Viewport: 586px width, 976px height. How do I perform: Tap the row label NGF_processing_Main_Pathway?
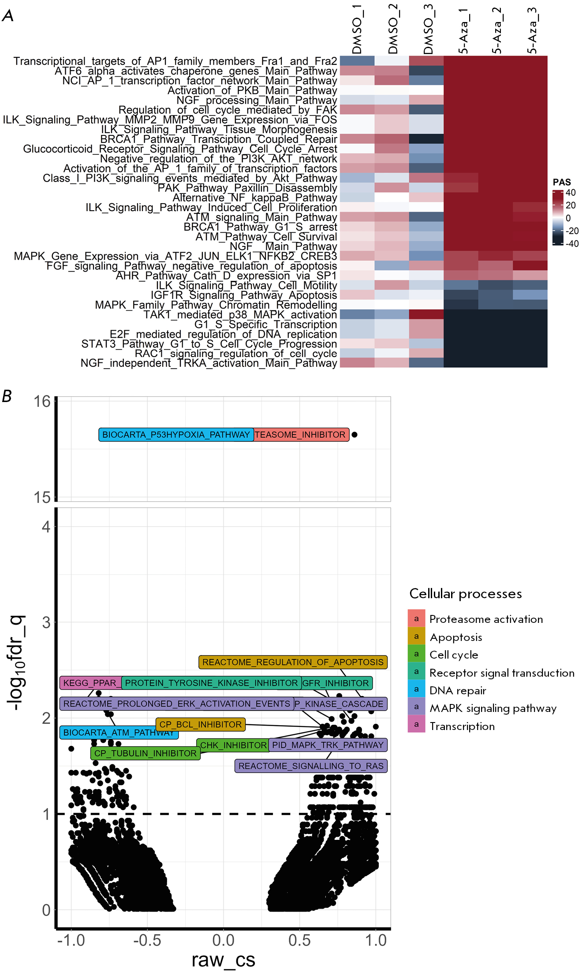257,101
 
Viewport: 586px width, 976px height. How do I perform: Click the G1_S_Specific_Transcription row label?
265,324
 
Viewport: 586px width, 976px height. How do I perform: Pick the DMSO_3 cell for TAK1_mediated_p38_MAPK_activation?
426,315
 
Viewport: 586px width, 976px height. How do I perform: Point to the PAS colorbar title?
561,182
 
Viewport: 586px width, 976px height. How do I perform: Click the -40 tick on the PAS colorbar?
572,244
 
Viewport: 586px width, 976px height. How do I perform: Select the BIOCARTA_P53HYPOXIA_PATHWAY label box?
176,435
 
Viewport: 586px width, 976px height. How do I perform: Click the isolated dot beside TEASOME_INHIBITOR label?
355,435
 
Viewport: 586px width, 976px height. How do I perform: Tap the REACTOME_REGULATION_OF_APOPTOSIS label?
293,662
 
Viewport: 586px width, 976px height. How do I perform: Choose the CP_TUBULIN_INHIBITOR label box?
146,753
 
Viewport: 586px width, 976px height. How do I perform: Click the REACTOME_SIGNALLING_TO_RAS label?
311,766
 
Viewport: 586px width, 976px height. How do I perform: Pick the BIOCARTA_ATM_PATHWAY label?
119,733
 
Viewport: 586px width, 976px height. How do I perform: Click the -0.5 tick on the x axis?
147,940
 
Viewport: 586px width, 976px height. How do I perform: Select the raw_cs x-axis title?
223,960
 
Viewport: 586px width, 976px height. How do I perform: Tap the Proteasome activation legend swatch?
416,618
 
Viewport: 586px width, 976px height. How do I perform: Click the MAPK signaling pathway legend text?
493,708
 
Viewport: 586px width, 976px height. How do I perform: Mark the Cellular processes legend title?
465,594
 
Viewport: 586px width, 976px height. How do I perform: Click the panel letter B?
7,396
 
